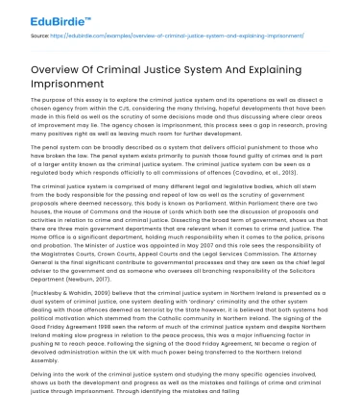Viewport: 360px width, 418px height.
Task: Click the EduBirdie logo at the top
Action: point(38,15)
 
